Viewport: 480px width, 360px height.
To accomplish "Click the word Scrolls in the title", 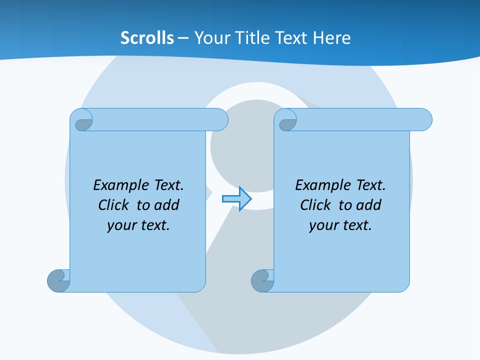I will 147,38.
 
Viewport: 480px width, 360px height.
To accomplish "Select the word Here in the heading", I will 332,38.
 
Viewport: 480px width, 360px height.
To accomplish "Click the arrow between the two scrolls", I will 236,199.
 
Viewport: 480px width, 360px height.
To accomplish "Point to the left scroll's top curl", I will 81,120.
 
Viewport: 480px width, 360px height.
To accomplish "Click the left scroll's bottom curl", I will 58,280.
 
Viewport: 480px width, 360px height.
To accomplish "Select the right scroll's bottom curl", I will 262,280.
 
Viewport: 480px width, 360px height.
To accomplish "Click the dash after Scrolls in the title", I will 183,38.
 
